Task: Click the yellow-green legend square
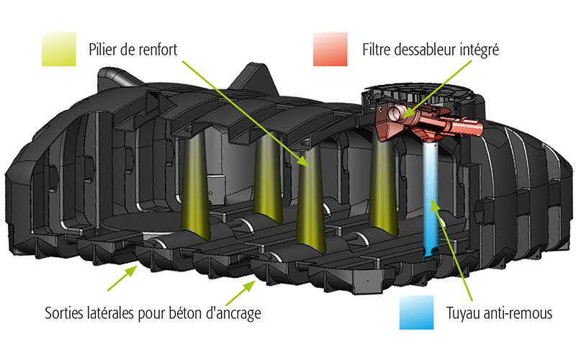click(59, 49)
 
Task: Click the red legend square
click(330, 49)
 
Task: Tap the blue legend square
click(417, 312)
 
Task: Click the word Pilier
click(101, 49)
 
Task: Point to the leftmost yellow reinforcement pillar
click(195, 186)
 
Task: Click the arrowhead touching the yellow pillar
click(304, 161)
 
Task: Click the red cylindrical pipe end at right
click(472, 127)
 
